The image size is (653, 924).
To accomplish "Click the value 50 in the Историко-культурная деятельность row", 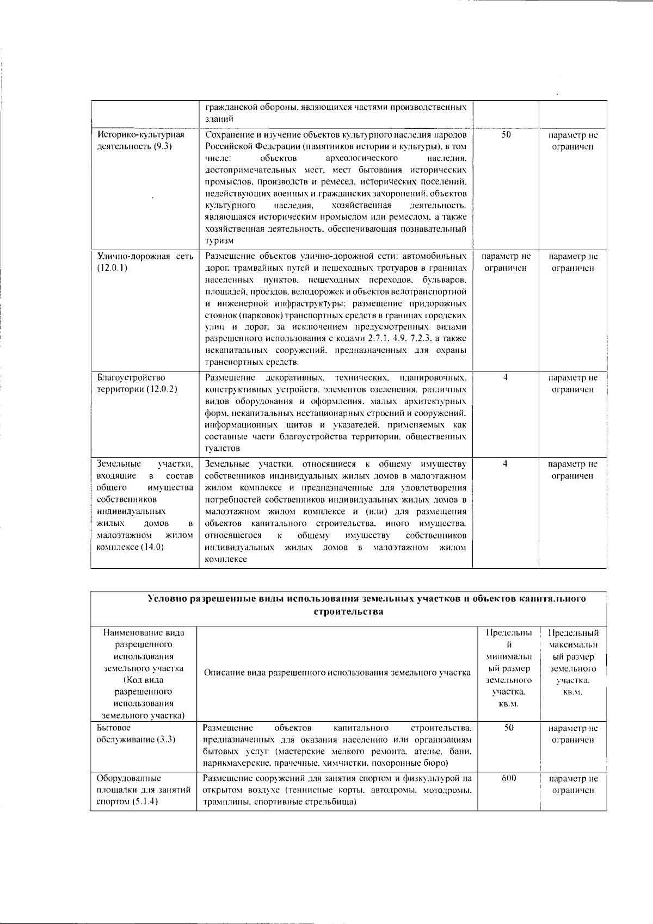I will coord(506,135).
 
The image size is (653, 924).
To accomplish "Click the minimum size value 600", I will coord(509,778).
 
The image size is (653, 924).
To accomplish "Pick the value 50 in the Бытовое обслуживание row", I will coord(509,728).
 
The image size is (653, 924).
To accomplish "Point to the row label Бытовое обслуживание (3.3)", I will coord(136,733).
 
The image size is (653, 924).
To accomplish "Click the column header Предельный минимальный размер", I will coord(509,668).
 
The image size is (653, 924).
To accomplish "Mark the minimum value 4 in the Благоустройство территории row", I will coord(506,377).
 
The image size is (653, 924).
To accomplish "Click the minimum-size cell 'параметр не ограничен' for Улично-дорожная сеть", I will coord(506,262).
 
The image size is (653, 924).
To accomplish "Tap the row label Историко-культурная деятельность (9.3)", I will coord(140,141).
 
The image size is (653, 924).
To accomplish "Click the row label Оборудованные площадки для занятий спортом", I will coord(143,790).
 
